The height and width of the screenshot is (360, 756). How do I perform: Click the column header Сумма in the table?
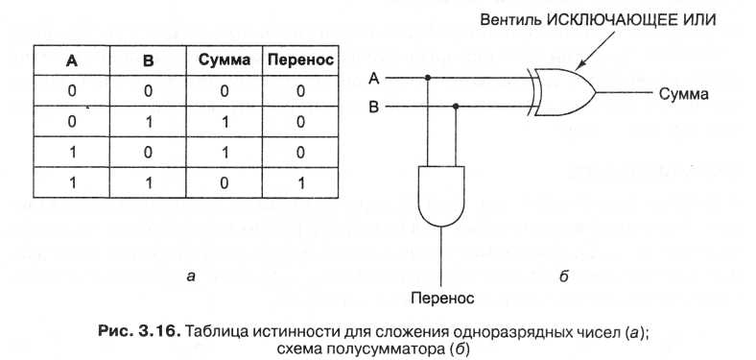pos(224,60)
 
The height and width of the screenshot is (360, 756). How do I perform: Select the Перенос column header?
pos(300,60)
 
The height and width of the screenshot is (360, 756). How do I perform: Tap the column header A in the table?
pos(71,60)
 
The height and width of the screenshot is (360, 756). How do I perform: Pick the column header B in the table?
pos(148,60)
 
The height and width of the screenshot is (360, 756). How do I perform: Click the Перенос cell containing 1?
pos(301,183)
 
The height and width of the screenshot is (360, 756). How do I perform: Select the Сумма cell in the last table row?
pos(224,183)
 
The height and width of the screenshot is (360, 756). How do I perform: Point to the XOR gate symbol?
pos(561,92)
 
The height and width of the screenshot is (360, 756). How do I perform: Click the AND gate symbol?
pos(441,196)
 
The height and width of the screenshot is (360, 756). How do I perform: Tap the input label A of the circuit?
pos(373,78)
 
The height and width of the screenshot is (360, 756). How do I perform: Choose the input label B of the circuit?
pos(373,107)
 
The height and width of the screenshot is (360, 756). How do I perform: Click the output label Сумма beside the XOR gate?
pos(684,94)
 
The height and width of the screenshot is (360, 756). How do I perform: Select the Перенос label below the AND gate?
pos(442,298)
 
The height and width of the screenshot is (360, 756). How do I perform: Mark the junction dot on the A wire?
pos(428,78)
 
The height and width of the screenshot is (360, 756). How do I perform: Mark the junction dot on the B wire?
pos(456,107)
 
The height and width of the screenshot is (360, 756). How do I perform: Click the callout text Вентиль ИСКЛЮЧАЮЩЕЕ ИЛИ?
pos(598,20)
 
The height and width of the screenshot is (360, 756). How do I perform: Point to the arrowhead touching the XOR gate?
pos(580,65)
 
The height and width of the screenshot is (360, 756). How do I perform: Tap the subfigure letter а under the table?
pos(191,276)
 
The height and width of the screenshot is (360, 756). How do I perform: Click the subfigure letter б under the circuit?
pos(564,276)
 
